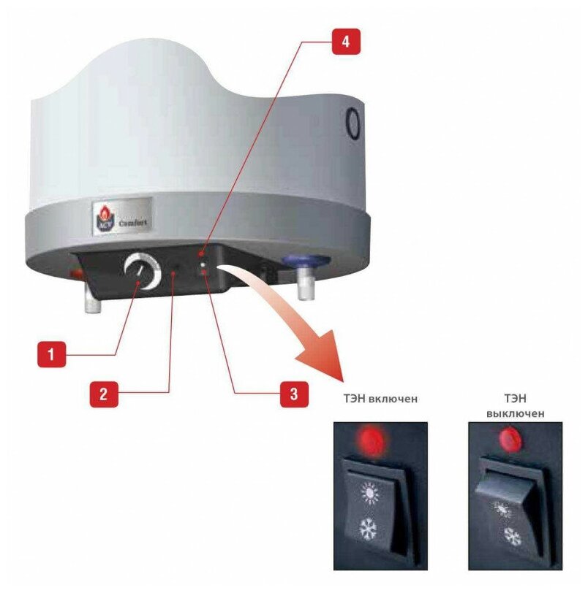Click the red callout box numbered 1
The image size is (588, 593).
pyautogui.click(x=51, y=354)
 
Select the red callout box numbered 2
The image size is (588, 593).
pyautogui.click(x=104, y=394)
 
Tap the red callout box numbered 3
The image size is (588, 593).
pyautogui.click(x=294, y=394)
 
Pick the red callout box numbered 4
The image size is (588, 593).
pyautogui.click(x=346, y=42)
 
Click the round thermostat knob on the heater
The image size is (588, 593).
pyautogui.click(x=143, y=271)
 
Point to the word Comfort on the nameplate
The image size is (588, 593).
pyautogui.click(x=132, y=223)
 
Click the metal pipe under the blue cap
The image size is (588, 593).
pyautogui.click(x=305, y=283)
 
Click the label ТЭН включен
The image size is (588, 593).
pyautogui.click(x=380, y=399)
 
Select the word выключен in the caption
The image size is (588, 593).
pyautogui.click(x=516, y=413)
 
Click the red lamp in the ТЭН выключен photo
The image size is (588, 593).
pyautogui.click(x=511, y=437)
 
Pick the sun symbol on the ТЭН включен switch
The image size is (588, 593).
pyautogui.click(x=370, y=493)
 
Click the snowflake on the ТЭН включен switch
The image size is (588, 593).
pyautogui.click(x=368, y=528)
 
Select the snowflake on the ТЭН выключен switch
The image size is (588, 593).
pyautogui.click(x=512, y=537)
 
